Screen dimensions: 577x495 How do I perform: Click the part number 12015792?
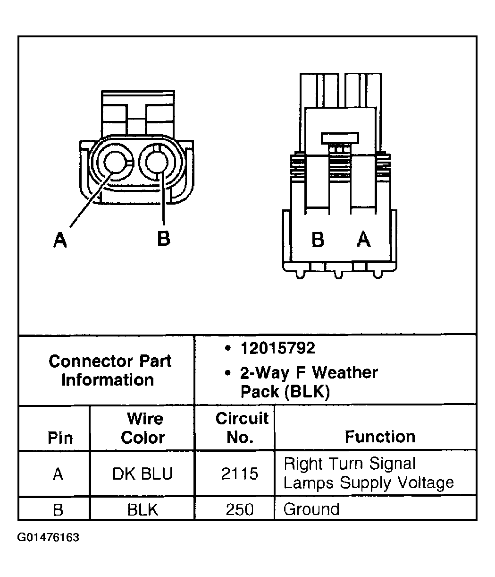(x=277, y=348)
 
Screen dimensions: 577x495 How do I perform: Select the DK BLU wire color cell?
(x=143, y=474)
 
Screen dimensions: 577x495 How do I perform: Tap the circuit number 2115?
(x=240, y=474)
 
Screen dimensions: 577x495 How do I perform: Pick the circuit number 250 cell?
(x=240, y=509)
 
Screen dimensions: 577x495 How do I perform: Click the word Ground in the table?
(x=311, y=509)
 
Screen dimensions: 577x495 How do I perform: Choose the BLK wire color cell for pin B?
(x=143, y=509)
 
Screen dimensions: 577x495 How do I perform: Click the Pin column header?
(x=60, y=438)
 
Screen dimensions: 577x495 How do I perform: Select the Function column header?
(x=380, y=437)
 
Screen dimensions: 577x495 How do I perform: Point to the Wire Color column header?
(x=143, y=428)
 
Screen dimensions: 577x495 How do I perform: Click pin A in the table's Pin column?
(x=58, y=474)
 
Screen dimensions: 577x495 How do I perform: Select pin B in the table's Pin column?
(x=58, y=509)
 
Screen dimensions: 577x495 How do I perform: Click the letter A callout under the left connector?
(x=59, y=240)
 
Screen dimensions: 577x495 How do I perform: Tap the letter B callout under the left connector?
(x=163, y=239)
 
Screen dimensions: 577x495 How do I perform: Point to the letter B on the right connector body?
(x=318, y=240)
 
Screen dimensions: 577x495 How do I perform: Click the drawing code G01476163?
(x=49, y=538)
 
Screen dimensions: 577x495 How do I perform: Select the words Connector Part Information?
(x=109, y=370)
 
